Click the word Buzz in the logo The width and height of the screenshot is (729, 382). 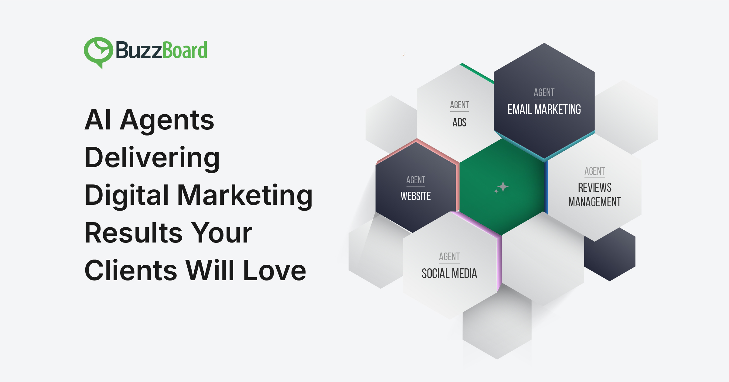pos(139,50)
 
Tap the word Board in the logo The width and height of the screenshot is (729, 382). pos(185,50)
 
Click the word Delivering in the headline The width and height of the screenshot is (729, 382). pos(152,158)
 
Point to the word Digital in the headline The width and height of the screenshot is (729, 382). pos(127,195)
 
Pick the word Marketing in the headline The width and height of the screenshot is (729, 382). pos(245,195)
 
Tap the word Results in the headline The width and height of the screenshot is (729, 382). pos(133,233)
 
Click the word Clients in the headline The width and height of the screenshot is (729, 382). pos(131,270)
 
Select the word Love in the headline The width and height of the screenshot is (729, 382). pos(275,270)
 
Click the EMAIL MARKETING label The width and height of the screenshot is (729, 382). pos(544,109)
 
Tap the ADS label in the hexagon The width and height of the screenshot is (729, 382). pos(459,122)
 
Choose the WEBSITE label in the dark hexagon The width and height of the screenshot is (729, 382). pos(416,196)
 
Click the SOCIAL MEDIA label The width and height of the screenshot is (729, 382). pos(449,274)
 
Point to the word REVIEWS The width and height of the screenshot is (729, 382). pos(594,188)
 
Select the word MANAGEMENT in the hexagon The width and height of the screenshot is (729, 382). pos(594,202)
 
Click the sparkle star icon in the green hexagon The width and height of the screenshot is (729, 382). pos(501,187)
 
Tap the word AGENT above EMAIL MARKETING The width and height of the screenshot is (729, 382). pos(544,92)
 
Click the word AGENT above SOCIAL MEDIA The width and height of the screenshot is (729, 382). pos(449,256)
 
